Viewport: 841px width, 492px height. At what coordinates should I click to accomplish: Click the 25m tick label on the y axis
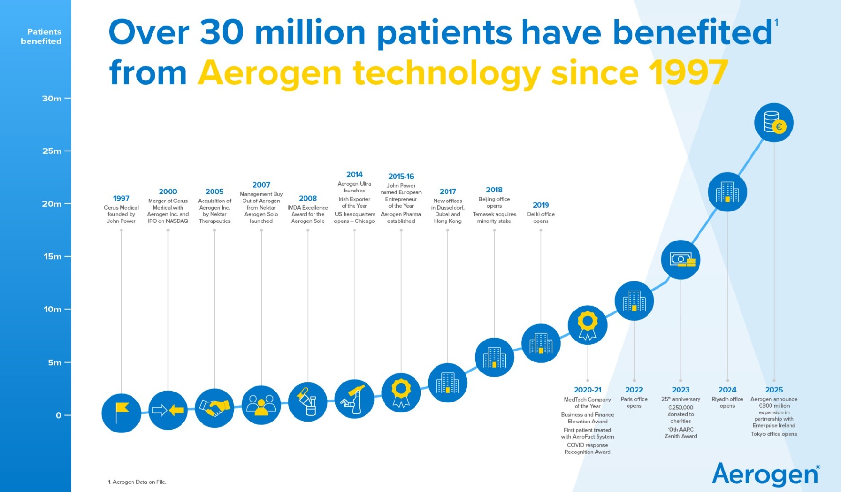pos(51,151)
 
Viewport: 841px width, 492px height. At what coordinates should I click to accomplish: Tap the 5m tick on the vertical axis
pos(54,362)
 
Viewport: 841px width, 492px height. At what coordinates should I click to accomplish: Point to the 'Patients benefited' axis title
pos(41,37)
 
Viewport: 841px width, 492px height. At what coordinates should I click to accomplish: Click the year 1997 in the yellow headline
pos(688,73)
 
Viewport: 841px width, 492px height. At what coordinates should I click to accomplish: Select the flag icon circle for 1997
pos(122,413)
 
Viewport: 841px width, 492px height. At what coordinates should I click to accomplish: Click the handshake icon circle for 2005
pos(214,408)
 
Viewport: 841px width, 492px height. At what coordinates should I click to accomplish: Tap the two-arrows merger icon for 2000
pos(168,410)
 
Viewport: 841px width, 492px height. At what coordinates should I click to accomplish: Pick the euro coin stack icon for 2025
pos(774,123)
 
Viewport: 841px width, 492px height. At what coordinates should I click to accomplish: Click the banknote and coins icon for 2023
pos(681,260)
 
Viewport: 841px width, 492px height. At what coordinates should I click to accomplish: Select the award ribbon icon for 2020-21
pos(588,325)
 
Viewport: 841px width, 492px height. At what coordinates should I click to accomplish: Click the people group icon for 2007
pos(261,405)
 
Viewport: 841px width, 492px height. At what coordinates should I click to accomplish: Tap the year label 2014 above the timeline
pos(355,175)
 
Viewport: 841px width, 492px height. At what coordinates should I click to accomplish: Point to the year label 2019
pos(541,205)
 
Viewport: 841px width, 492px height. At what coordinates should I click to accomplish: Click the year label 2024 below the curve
pos(727,390)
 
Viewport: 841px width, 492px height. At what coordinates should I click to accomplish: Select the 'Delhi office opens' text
pos(541,218)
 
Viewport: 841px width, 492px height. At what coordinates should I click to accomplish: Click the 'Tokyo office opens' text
pos(774,434)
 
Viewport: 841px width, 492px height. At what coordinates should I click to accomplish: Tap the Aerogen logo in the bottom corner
pos(765,474)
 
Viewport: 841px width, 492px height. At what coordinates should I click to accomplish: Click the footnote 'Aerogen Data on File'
pos(139,482)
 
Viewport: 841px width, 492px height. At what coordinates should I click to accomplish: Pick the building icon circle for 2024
pos(727,192)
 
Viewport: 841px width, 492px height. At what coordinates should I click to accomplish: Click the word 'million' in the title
pos(310,32)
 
